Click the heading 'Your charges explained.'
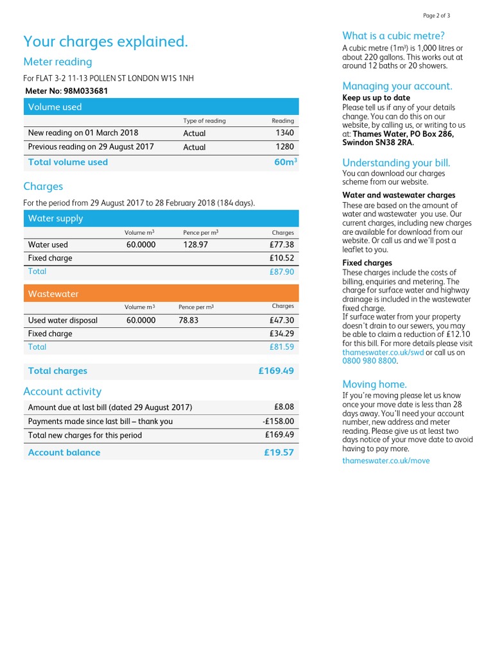coord(106,42)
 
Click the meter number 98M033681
coord(85,91)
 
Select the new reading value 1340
coord(284,133)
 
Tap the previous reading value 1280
coord(284,147)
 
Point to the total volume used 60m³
coord(285,162)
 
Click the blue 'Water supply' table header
coord(161,218)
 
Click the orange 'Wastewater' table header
coord(161,294)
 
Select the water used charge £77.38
coord(282,244)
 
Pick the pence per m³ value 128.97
coord(195,244)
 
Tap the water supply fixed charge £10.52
coord(282,258)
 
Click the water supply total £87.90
coord(282,271)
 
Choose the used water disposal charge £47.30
coord(282,320)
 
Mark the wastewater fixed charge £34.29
coord(282,334)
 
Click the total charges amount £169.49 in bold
coord(276,371)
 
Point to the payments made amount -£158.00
coord(279,422)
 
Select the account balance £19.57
coord(279,452)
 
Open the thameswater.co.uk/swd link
coord(383,352)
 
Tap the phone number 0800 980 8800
coord(369,361)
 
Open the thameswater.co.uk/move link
coord(386,461)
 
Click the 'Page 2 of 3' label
coord(437,15)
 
